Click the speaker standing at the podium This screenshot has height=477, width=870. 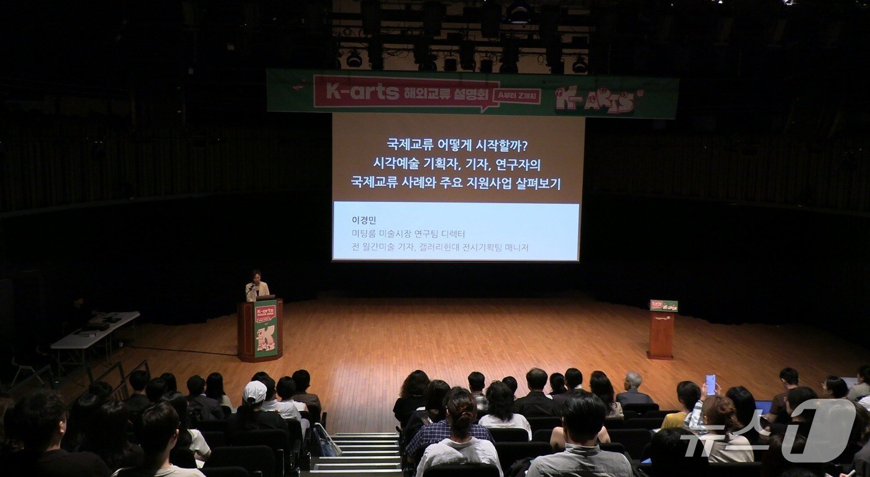[x=257, y=286]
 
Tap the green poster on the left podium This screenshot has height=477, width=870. [x=265, y=328]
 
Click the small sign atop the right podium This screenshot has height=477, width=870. [x=664, y=306]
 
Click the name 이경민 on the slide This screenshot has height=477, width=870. [x=364, y=220]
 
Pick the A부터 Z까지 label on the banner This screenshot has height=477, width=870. [x=516, y=96]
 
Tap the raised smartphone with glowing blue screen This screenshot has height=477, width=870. [x=710, y=384]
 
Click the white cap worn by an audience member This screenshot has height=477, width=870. [x=254, y=391]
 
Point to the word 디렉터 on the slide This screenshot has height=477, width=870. [x=450, y=234]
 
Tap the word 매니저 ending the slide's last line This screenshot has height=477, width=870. [x=513, y=247]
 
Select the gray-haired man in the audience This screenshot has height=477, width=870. [x=633, y=385]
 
